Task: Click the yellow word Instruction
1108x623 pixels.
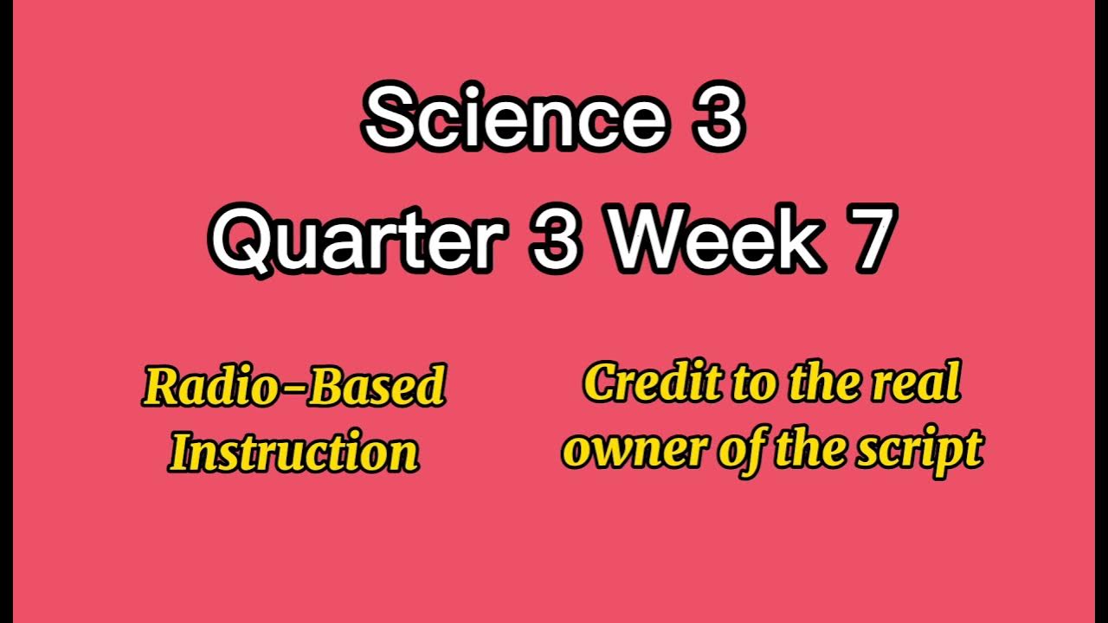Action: tap(294, 452)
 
